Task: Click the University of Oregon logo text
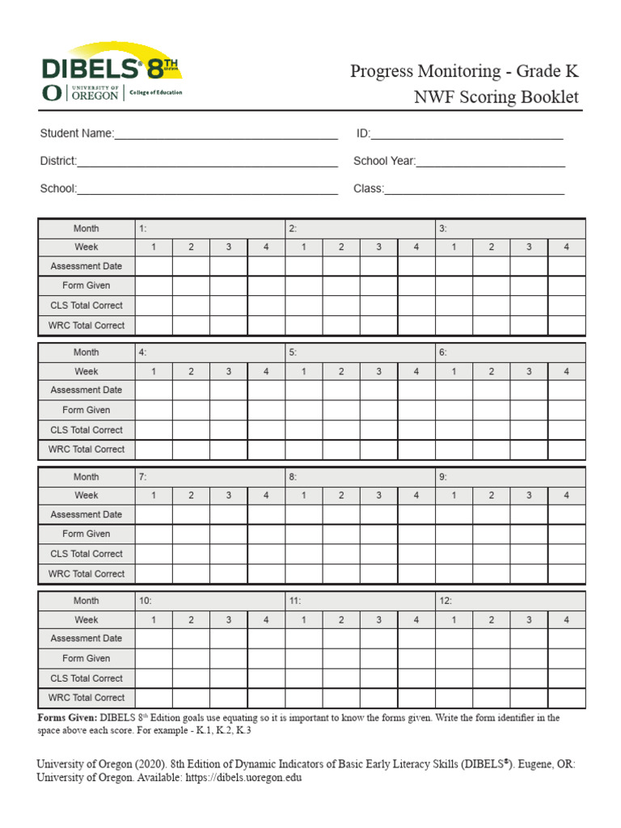point(95,93)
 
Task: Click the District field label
point(58,161)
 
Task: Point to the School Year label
point(384,161)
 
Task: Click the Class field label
point(368,188)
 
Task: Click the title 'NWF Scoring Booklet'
point(496,97)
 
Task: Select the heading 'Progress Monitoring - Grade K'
point(464,71)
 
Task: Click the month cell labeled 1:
point(209,229)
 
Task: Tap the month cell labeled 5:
point(360,353)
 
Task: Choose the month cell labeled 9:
point(510,477)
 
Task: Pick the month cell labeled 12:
point(510,601)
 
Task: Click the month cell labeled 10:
point(209,601)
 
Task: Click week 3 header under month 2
point(378,247)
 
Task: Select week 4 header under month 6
point(566,371)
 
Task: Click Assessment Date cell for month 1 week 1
point(154,266)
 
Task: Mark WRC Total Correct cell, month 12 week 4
point(566,698)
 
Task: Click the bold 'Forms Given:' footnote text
point(67,718)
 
